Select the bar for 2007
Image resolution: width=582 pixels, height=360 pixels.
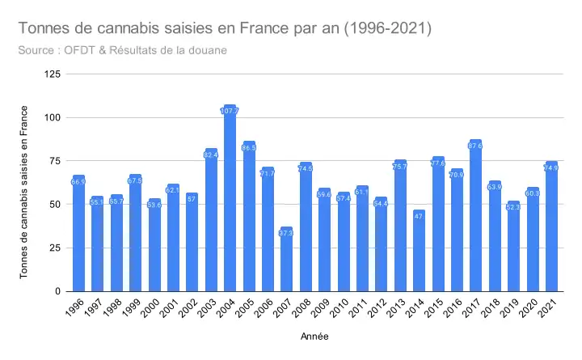(287, 259)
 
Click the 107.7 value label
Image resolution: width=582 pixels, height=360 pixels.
(230, 110)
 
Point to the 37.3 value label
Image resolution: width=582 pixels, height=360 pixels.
(287, 232)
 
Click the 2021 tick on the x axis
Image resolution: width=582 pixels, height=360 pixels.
(550, 307)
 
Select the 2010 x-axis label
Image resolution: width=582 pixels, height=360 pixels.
(340, 307)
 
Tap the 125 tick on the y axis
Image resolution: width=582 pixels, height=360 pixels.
(53, 74)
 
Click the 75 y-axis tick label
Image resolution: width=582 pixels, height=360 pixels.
(55, 161)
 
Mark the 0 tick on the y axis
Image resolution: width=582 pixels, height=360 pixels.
(57, 291)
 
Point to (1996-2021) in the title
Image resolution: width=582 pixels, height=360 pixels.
(388, 29)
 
